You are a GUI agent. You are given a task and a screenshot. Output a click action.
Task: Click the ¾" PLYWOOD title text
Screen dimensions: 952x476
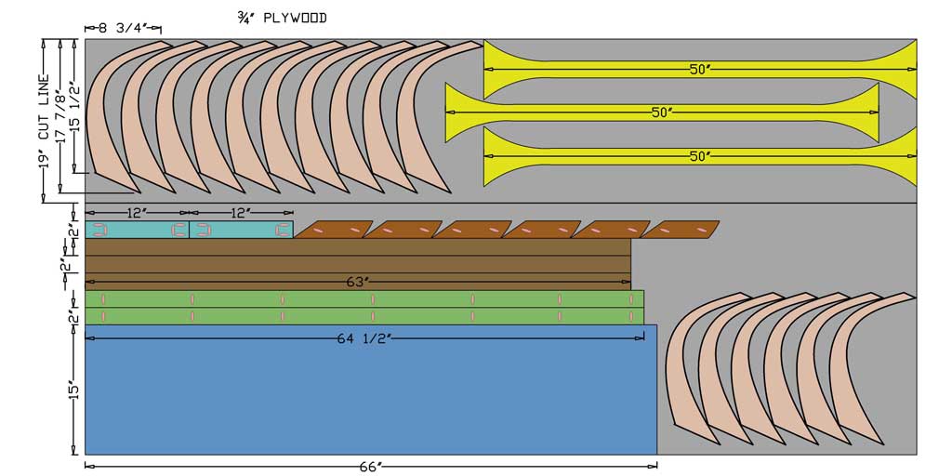283,19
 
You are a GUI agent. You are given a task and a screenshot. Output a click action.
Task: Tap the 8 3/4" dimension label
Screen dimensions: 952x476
124,28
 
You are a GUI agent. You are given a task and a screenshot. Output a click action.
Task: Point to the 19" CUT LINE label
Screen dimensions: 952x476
43,122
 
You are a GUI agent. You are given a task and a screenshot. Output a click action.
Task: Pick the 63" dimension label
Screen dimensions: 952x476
358,283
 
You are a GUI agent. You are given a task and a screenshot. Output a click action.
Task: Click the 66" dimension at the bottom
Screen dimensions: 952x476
370,467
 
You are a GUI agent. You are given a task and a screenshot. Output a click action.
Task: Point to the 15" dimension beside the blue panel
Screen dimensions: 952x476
74,390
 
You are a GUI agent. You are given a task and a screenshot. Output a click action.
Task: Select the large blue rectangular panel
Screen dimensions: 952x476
371,390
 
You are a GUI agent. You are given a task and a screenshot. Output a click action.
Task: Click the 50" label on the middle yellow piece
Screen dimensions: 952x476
662,112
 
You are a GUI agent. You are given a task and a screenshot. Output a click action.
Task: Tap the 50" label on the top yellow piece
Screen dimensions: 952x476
700,69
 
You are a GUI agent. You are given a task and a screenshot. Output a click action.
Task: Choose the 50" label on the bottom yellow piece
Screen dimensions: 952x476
700,156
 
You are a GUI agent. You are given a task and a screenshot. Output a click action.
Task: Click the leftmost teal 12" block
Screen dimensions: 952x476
138,231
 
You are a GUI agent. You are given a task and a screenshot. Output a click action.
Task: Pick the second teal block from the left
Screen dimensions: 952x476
242,231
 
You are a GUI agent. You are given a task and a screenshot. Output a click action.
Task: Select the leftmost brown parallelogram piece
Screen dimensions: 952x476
334,230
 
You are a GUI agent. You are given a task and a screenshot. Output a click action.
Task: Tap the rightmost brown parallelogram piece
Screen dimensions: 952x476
681,230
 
